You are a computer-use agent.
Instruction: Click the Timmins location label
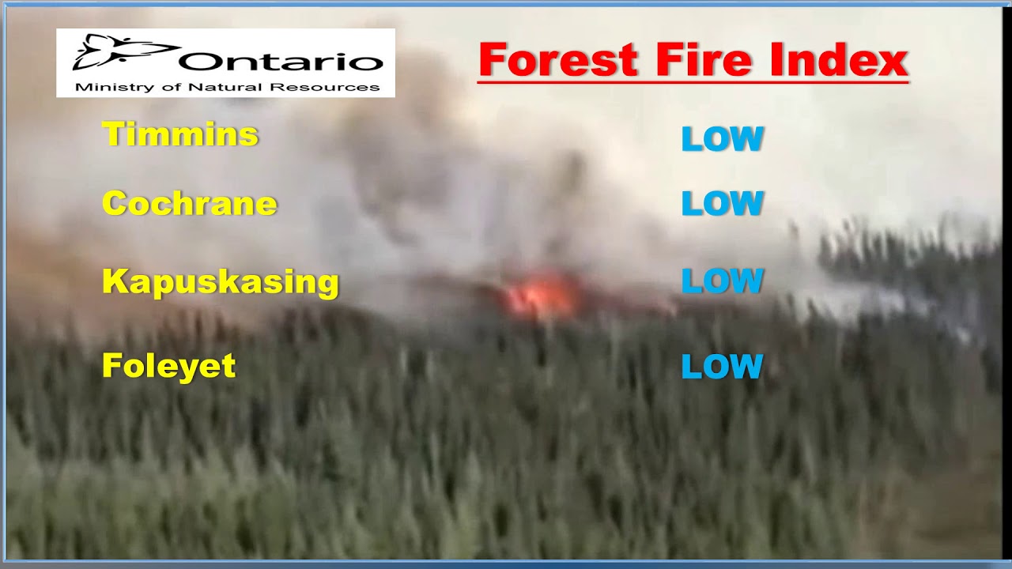(180, 134)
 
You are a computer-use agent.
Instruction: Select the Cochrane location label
(190, 204)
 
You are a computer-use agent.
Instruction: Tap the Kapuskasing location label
(221, 282)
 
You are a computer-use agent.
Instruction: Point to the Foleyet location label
(169, 366)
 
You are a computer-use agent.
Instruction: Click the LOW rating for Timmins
(722, 140)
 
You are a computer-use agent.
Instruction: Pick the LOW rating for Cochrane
(722, 204)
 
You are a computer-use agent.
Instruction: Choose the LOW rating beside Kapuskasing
(722, 281)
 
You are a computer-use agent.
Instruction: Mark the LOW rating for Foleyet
(722, 367)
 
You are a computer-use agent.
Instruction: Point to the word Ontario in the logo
(281, 62)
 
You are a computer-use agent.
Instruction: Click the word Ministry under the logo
(104, 87)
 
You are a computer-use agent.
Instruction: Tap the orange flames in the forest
(542, 297)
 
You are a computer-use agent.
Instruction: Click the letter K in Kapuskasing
(115, 281)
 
